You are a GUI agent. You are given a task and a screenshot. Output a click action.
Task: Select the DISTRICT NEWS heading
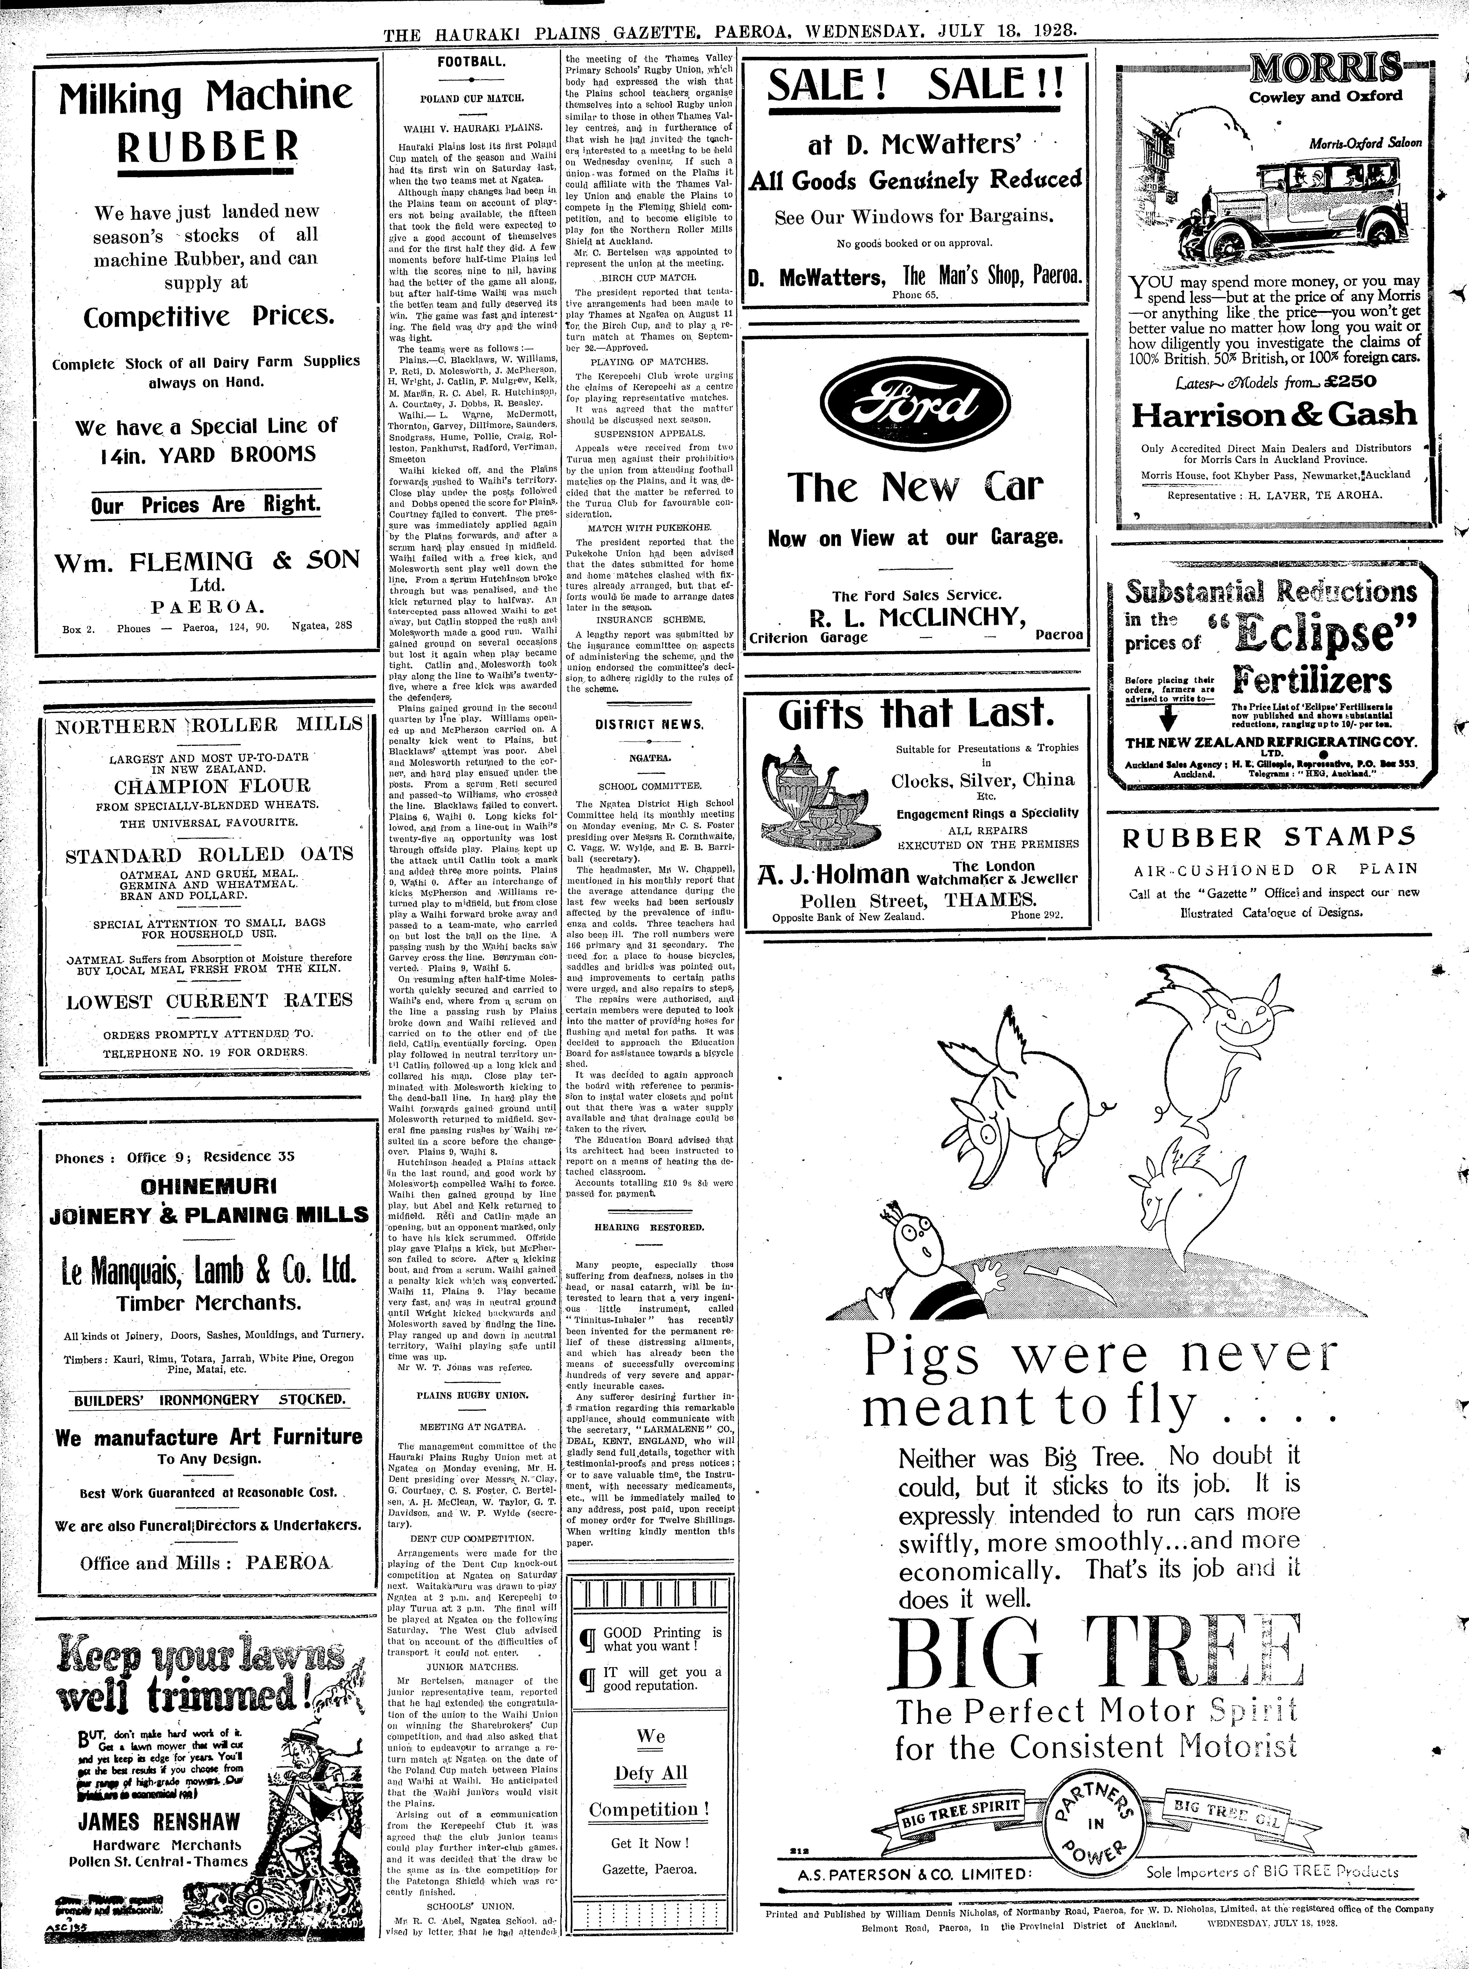(649, 724)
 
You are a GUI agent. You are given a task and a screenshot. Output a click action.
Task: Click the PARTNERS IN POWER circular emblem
(1097, 1819)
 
